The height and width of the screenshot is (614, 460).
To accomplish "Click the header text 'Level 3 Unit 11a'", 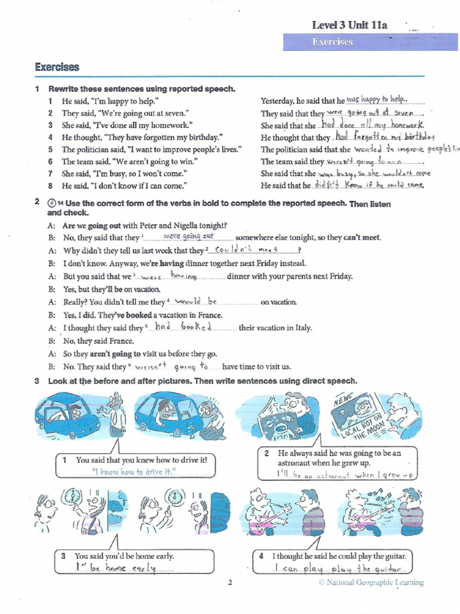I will point(350,25).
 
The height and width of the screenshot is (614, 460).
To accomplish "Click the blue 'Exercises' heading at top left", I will point(57,67).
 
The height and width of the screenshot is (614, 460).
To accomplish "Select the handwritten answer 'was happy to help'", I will point(377,100).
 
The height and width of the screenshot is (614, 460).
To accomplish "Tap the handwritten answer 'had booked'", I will point(184,327).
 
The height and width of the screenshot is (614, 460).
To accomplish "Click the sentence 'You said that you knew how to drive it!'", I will point(141,460).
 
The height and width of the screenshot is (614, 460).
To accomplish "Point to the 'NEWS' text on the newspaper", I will point(344,399).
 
